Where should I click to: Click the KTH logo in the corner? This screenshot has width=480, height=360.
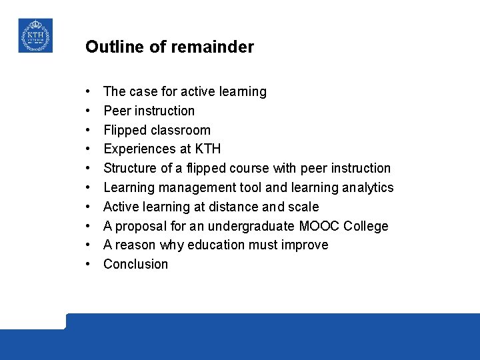35,35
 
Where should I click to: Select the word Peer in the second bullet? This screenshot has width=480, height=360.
116,111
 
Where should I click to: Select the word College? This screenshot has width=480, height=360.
366,226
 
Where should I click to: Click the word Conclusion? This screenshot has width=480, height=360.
136,264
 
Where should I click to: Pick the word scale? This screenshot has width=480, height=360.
303,207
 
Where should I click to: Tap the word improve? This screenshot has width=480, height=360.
306,245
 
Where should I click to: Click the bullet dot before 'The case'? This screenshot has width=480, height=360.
88,92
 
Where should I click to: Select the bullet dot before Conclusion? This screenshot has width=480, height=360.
88,265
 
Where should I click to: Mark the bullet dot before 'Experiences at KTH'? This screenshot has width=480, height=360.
88,149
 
